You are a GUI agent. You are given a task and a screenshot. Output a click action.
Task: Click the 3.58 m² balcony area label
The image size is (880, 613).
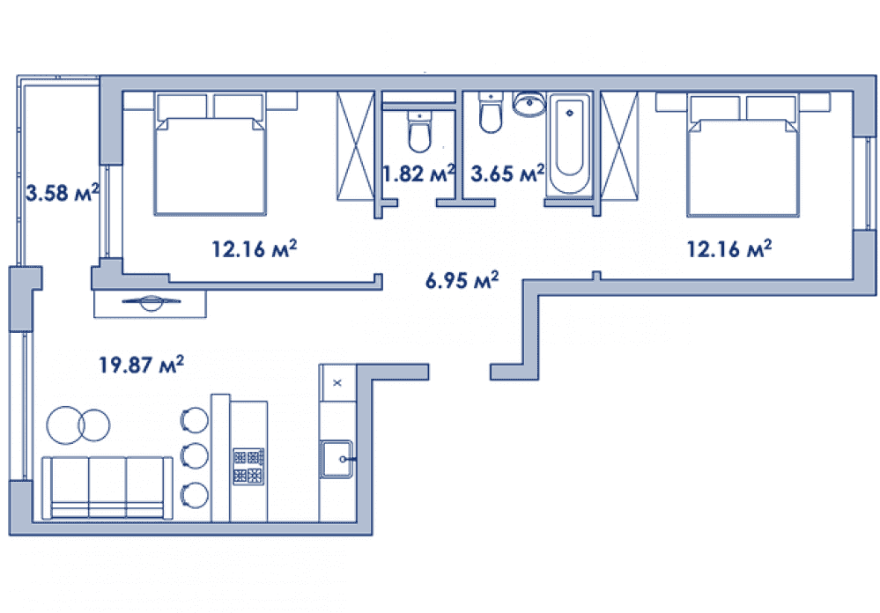[x=63, y=193]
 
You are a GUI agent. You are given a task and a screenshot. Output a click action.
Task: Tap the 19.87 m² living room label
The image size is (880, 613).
[x=141, y=365]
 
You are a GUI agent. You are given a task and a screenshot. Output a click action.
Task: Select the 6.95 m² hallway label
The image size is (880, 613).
[x=462, y=279]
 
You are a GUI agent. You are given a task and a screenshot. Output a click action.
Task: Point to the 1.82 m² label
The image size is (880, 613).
[x=418, y=174]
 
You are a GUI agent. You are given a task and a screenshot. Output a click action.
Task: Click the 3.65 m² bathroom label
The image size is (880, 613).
[x=507, y=174]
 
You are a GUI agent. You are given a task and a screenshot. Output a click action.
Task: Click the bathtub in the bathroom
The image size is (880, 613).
[x=569, y=144]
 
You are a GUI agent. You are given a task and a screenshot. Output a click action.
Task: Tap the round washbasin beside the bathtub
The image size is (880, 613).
[x=529, y=105]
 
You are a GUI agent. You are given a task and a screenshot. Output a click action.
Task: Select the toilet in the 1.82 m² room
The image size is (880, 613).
[x=419, y=132]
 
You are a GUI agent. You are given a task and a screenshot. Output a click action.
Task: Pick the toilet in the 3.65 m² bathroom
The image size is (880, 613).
[x=491, y=113]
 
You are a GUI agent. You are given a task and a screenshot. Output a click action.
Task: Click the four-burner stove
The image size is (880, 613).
[x=248, y=466]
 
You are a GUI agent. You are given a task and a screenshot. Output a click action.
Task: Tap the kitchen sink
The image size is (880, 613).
[x=336, y=459]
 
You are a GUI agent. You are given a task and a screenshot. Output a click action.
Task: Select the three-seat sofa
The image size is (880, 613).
[x=107, y=488]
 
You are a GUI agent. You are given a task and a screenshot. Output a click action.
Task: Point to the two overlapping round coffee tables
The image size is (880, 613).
[x=78, y=425]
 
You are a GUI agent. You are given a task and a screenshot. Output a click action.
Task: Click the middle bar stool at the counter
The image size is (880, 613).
[x=194, y=456]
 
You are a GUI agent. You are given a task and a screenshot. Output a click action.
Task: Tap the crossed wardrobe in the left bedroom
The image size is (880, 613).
[x=355, y=146]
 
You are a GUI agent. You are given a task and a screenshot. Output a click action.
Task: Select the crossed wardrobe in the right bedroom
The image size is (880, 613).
[x=619, y=146]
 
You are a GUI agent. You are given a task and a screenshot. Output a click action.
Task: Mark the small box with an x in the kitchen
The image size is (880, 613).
[x=337, y=383]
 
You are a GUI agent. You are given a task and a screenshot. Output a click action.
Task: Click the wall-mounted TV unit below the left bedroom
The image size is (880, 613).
[x=150, y=304]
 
